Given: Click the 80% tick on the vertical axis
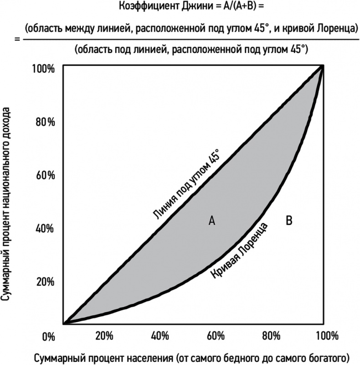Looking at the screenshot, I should [46, 122].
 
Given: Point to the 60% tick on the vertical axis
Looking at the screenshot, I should [46, 175].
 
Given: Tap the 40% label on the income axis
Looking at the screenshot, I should [46, 228].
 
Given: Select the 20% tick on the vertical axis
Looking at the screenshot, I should [46, 281].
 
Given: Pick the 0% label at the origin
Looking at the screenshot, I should [48, 337].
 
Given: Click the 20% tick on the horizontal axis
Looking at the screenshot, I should [104, 336].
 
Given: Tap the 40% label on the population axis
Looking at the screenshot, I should [159, 336].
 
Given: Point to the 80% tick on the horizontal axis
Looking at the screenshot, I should [271, 336].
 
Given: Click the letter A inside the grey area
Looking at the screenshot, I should [212, 221].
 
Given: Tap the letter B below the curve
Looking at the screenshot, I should [288, 221].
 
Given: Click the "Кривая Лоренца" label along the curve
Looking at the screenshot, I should [239, 250].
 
